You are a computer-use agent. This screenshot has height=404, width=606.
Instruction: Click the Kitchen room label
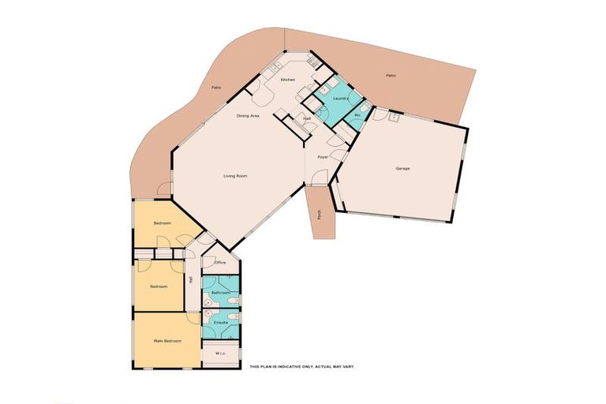click(x=287, y=80)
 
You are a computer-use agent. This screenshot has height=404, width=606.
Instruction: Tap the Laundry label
click(x=342, y=99)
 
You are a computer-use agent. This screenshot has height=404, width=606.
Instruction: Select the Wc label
click(x=357, y=116)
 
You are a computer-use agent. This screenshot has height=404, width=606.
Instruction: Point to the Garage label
click(x=402, y=168)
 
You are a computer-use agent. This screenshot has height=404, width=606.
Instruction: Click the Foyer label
click(x=323, y=157)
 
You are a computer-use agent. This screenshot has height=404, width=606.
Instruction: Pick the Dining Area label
click(x=249, y=116)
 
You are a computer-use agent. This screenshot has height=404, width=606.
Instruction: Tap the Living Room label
click(x=236, y=176)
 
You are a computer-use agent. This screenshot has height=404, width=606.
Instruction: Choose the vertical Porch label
click(x=320, y=213)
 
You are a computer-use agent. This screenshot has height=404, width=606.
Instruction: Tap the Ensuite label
click(x=221, y=323)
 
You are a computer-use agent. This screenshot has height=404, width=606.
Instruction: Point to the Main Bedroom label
click(x=167, y=341)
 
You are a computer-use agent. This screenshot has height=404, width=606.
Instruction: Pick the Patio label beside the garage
click(x=390, y=76)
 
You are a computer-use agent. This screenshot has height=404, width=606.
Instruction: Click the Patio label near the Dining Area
click(x=215, y=88)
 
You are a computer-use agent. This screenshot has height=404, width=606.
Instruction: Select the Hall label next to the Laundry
click(x=307, y=119)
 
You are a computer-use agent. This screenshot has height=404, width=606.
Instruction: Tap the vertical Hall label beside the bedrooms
click(x=190, y=279)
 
